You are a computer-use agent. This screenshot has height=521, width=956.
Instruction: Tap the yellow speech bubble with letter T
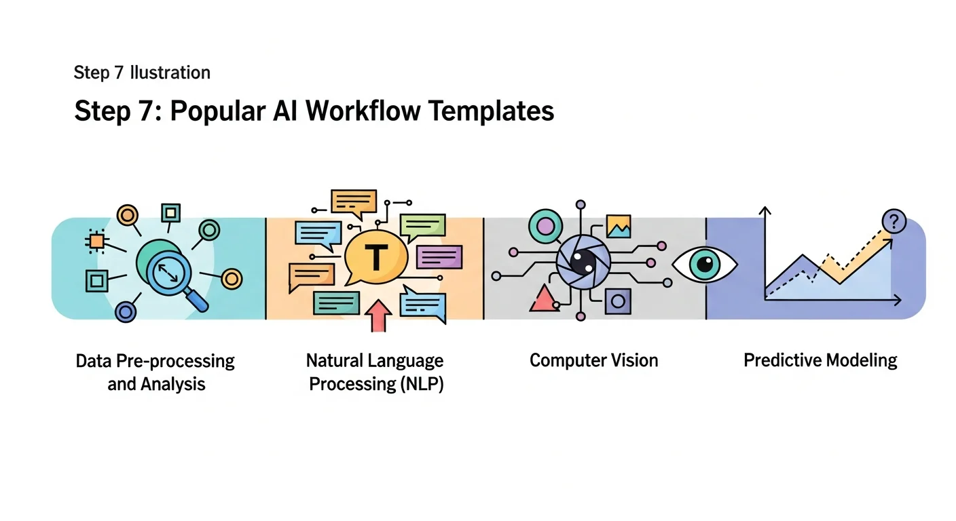pos(375,257)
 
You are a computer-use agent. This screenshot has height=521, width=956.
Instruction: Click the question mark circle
pos(894,221)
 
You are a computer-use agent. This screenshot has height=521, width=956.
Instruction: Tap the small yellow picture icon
pos(619,226)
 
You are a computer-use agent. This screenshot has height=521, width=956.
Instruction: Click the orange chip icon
pos(96,241)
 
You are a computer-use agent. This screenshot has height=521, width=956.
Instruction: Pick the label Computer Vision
pos(593,360)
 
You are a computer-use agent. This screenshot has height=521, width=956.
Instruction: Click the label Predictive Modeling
pos(820,360)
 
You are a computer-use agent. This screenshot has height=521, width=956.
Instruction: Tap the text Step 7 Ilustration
pos(142,73)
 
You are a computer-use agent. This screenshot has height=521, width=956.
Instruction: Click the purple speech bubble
pos(439,257)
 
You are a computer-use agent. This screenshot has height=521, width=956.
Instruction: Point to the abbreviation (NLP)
pos(419,384)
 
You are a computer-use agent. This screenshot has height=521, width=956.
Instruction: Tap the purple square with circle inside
pos(617,301)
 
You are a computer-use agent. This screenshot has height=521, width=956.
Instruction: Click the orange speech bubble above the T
pos(354,200)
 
